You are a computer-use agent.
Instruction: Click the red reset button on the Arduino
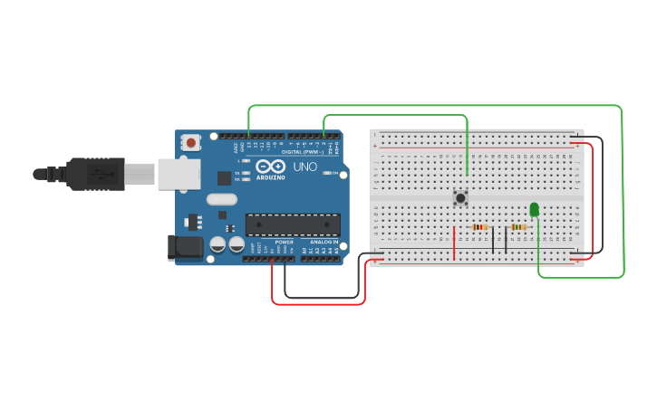(x=190, y=142)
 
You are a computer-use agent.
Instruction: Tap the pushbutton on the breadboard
(x=460, y=197)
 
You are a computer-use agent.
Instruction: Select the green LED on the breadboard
(x=534, y=210)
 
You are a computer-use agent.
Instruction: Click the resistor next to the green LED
(x=518, y=227)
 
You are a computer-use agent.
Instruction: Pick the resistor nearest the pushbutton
(x=480, y=227)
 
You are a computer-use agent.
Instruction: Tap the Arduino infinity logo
(x=270, y=167)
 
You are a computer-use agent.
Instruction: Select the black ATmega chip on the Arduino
(x=293, y=224)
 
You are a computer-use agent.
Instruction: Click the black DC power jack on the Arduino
(x=187, y=247)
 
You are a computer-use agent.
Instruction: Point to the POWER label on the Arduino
(x=284, y=242)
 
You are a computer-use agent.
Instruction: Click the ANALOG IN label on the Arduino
(x=323, y=242)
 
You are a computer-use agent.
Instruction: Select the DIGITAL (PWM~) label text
(x=302, y=152)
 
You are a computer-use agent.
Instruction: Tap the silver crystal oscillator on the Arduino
(x=221, y=199)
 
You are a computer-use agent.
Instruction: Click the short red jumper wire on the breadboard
(x=454, y=242)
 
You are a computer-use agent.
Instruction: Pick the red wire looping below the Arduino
(x=317, y=303)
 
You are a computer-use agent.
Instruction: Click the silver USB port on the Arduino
(x=179, y=174)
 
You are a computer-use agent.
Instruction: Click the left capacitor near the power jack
(x=217, y=244)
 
